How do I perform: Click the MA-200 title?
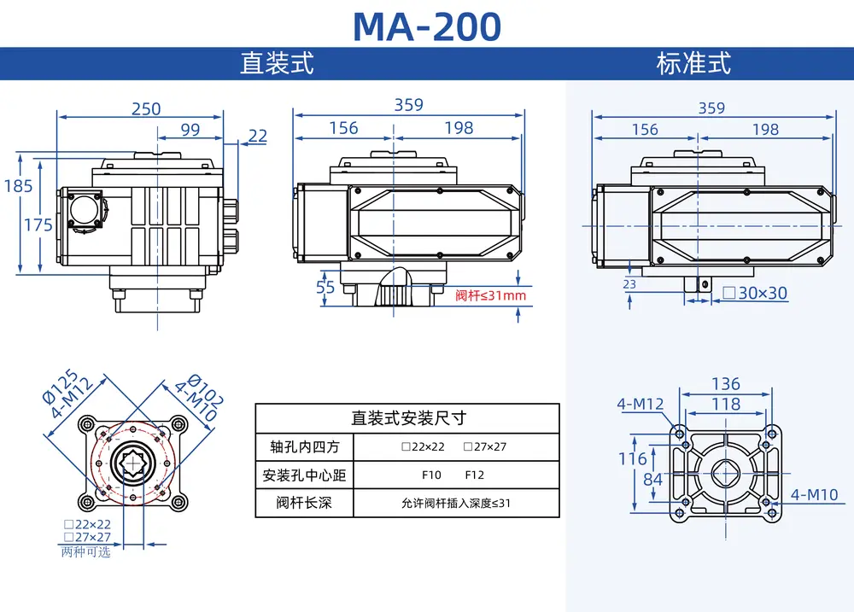click(427, 26)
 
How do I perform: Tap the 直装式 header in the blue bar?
click(278, 63)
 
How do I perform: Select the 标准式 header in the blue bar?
click(693, 63)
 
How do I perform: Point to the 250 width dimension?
click(146, 109)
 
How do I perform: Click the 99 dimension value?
click(190, 130)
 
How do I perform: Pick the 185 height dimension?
click(19, 186)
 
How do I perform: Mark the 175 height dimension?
click(38, 224)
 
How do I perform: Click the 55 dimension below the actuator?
click(325, 287)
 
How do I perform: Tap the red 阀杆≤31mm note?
click(491, 295)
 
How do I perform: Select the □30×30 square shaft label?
click(755, 293)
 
